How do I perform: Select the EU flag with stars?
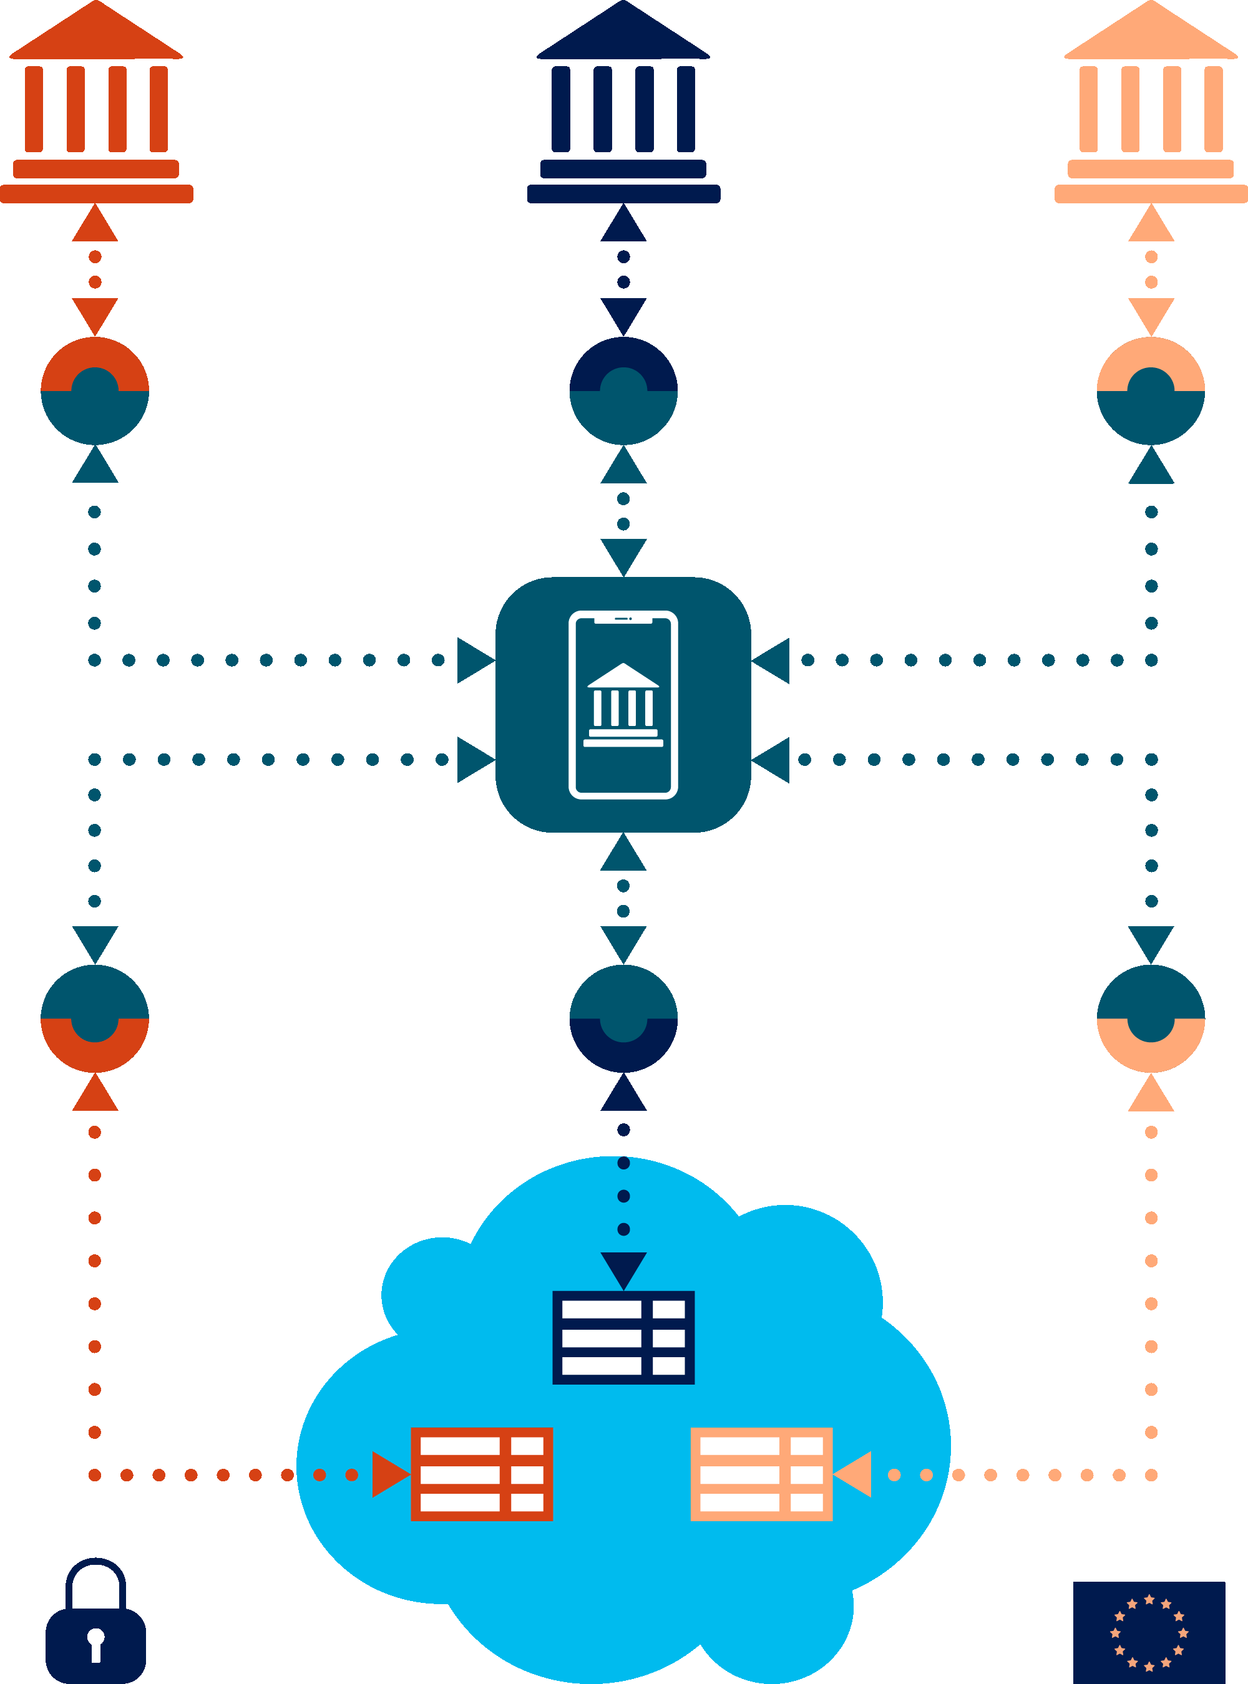[x=1149, y=1633]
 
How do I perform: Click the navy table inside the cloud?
[x=623, y=1337]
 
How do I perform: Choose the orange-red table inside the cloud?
[x=481, y=1474]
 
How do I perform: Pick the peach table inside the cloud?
[x=761, y=1474]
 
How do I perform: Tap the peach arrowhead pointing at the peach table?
[x=854, y=1474]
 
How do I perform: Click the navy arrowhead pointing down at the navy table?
[x=623, y=1269]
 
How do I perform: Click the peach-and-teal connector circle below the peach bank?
[x=1151, y=390]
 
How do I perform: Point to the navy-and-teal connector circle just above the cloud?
[x=623, y=1018]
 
